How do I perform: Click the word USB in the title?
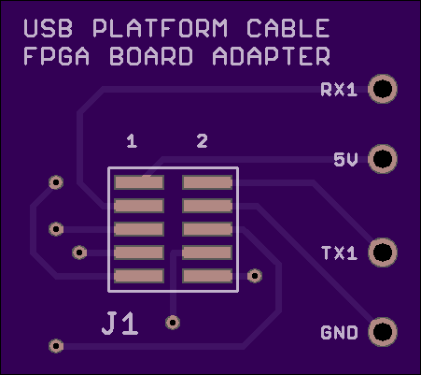click(49, 28)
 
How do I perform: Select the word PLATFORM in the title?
click(161, 28)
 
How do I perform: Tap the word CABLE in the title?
click(288, 28)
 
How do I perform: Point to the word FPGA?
click(57, 56)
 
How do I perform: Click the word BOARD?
click(151, 56)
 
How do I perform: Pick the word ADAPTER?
click(271, 56)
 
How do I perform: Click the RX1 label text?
click(339, 90)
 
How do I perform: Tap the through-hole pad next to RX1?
click(383, 89)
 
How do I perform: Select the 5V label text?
click(345, 160)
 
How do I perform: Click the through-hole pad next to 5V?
click(383, 159)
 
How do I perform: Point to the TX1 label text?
click(339, 253)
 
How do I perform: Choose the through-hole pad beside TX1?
click(383, 252)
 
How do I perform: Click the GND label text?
click(339, 333)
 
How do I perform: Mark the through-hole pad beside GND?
click(383, 332)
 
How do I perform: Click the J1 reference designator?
click(120, 324)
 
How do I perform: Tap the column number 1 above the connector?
click(132, 141)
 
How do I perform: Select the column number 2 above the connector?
click(203, 141)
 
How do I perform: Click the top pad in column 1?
click(139, 182)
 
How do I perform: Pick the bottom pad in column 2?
click(207, 276)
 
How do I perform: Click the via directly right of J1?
click(173, 323)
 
